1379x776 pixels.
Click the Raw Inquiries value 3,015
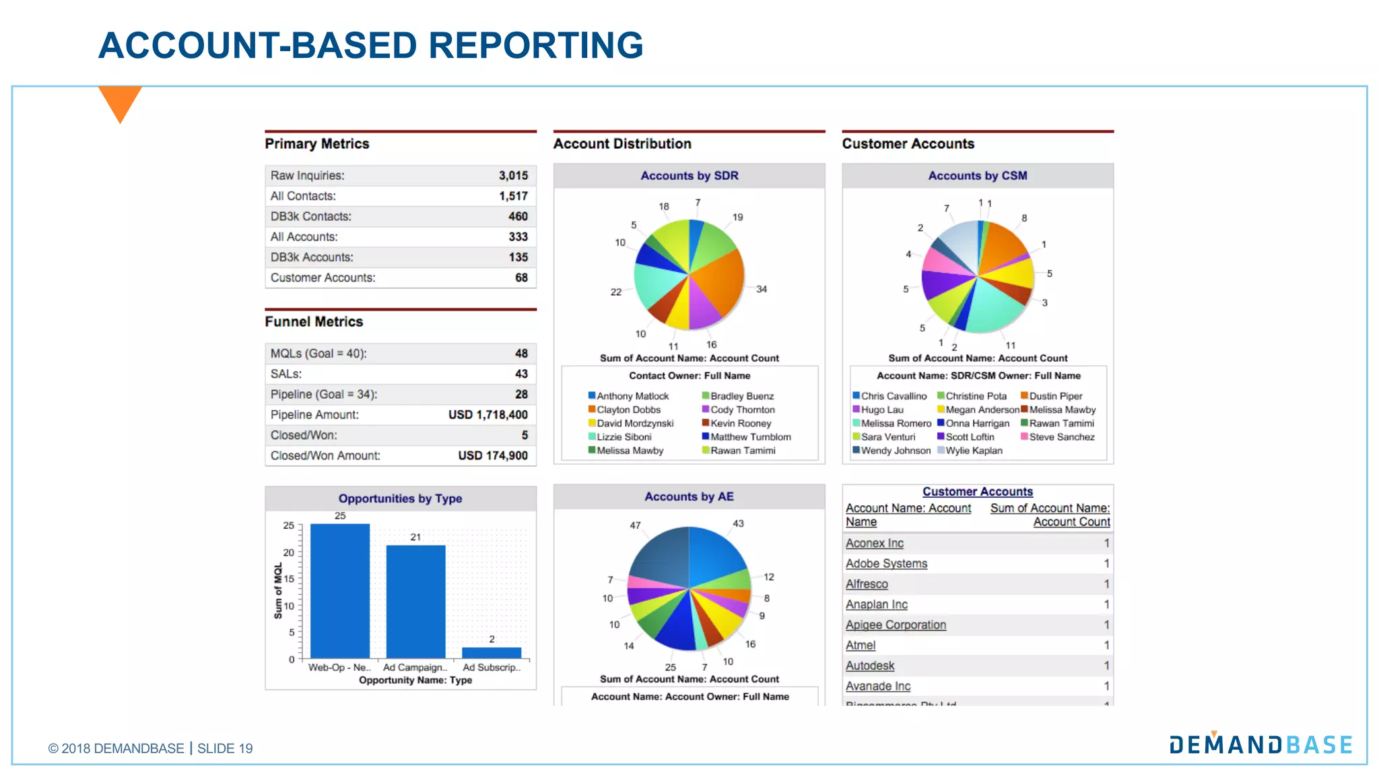tap(513, 176)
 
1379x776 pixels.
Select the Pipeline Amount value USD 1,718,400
tap(487, 415)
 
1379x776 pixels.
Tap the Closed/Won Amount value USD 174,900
tap(492, 456)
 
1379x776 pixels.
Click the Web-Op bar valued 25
tap(340, 591)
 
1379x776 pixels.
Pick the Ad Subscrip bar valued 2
tap(492, 653)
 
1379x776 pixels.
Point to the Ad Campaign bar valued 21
tap(415, 602)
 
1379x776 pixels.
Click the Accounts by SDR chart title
tap(689, 176)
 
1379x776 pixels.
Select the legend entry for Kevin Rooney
tap(740, 424)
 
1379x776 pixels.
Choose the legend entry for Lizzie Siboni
tap(624, 437)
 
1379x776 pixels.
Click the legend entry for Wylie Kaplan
tap(973, 451)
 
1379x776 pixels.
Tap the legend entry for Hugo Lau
tap(881, 410)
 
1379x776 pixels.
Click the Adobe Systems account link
tap(886, 564)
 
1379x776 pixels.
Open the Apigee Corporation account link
tap(896, 625)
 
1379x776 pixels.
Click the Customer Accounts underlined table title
tap(977, 492)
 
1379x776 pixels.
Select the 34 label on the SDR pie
tap(761, 289)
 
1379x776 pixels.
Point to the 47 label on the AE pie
tap(635, 525)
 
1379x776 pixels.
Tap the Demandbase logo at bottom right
tap(1260, 744)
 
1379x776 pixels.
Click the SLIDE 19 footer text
tap(225, 748)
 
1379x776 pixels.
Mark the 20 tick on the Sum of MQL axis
tap(289, 552)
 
